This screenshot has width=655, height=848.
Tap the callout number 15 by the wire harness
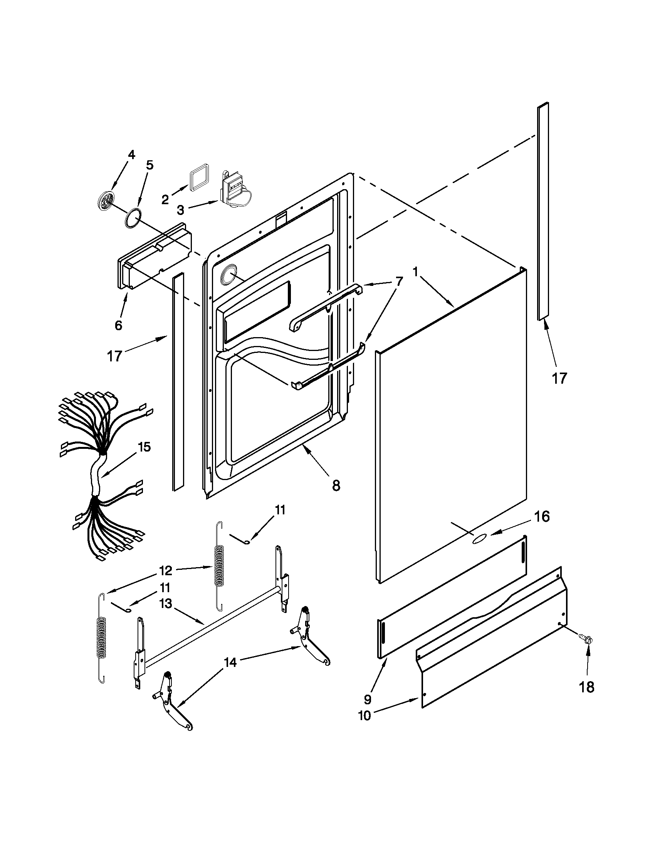click(x=144, y=447)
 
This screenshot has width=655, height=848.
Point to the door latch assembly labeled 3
click(x=234, y=191)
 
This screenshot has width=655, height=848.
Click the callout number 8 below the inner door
click(x=336, y=485)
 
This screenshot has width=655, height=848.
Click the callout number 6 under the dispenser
click(x=118, y=325)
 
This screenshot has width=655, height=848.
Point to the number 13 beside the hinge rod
click(x=166, y=605)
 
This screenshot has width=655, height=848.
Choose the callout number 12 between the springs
click(x=165, y=571)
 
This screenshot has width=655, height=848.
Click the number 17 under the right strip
click(x=559, y=378)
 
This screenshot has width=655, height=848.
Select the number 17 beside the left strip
click(x=115, y=356)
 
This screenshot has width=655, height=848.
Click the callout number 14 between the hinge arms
click(x=230, y=663)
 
